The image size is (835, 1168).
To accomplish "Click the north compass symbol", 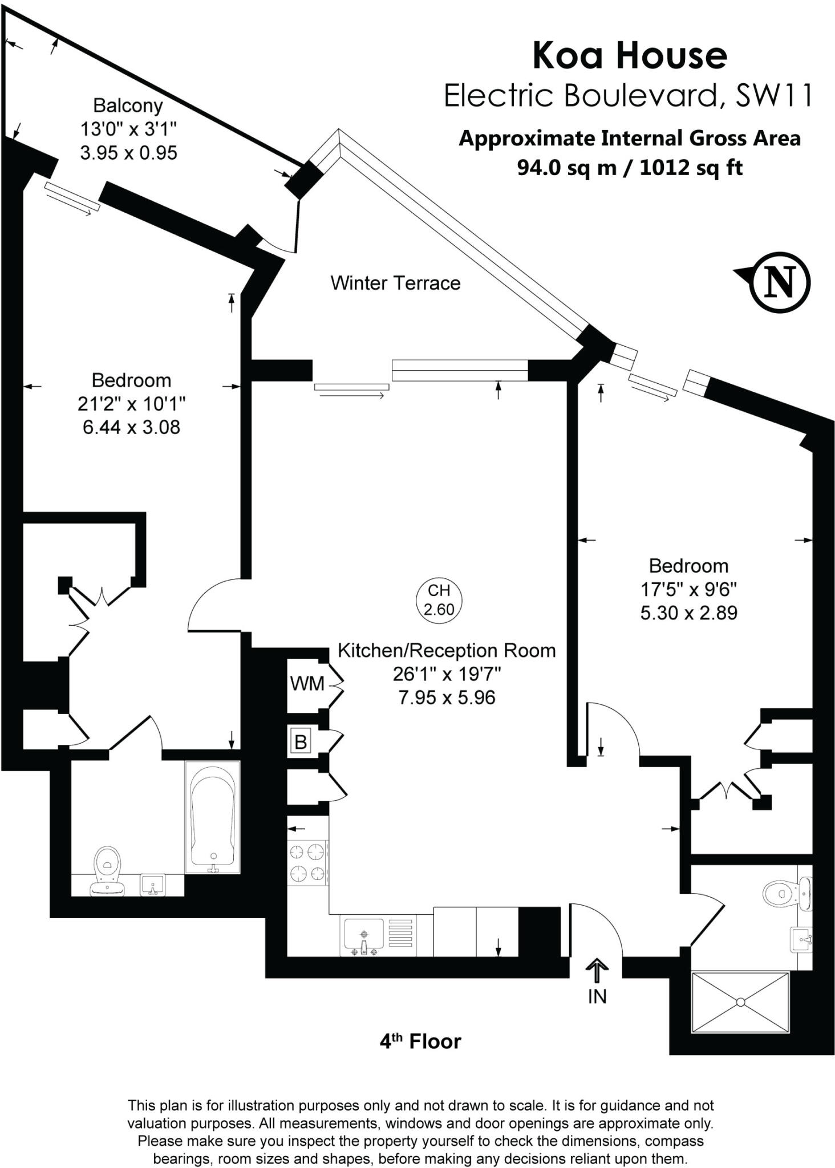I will coord(780,282).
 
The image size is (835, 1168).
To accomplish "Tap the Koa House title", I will coord(630,55).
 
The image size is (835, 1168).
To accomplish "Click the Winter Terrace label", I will coord(395,283).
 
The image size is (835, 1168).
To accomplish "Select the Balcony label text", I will coord(128,106).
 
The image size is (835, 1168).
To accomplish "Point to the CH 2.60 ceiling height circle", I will coord(439,600).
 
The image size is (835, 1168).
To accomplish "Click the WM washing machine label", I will coord(307,683).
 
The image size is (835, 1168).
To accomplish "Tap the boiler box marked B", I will coord(301,742).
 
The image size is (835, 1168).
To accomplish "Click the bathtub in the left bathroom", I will coord(212,817).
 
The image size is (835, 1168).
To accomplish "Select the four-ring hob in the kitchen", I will coord(307,862).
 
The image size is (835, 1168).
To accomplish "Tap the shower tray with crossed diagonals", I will coord(740,1002).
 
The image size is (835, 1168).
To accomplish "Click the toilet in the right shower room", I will coord(787,893).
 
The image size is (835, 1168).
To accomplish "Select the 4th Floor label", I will coord(420,1041).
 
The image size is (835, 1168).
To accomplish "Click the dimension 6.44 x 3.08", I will coord(131,427).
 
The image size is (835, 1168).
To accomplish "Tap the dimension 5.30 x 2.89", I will coord(688,613).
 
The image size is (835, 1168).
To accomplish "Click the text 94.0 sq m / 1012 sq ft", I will coord(630,168).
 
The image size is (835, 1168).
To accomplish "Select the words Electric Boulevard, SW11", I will coord(628,95).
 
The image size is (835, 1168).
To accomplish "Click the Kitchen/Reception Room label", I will coord(447,651).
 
